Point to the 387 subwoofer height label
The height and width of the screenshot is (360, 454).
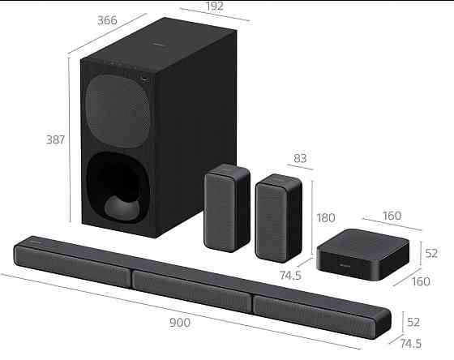(55, 139)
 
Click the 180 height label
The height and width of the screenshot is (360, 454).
(327, 218)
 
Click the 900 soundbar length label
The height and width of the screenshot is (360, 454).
(181, 323)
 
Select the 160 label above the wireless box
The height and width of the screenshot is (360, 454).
(392, 216)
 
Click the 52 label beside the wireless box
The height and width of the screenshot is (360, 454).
(431, 253)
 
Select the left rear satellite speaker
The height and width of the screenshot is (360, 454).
(225, 206)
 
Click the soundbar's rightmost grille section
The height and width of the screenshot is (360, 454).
(322, 315)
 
